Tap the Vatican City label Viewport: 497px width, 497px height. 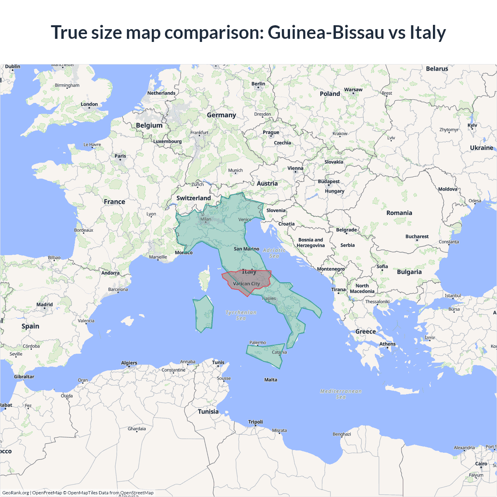point(246,284)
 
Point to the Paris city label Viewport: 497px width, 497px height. point(120,156)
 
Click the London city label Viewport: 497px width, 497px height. point(89,104)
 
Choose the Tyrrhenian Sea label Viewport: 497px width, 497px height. point(241,315)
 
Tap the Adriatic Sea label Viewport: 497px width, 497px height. point(274,253)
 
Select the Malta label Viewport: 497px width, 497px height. point(271,380)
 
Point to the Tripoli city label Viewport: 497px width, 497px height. point(255,422)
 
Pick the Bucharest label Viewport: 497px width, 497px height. point(417,236)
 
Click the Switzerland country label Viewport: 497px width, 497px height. point(193,198)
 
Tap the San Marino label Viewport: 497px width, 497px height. point(247,249)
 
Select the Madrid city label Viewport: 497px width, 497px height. point(45,305)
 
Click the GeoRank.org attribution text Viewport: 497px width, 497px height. point(16,493)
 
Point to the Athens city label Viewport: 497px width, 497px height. point(388,344)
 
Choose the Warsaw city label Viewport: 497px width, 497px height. point(353,90)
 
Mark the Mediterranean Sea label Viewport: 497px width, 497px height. point(341,394)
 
